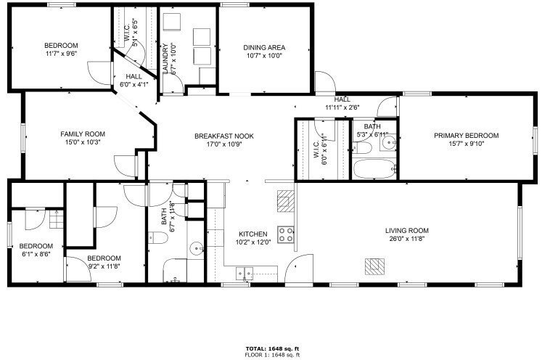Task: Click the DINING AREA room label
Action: (x=264, y=48)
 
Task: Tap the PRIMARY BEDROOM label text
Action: (x=466, y=136)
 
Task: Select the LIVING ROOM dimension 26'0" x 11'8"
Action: (x=407, y=239)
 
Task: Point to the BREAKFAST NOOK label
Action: (x=223, y=136)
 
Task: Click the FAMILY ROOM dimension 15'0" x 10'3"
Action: (x=83, y=142)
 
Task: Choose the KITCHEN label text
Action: (x=253, y=234)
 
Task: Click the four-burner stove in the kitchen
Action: (x=286, y=234)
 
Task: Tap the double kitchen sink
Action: (x=245, y=273)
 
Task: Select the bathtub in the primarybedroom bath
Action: (x=374, y=169)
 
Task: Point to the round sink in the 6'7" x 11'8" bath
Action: (x=197, y=249)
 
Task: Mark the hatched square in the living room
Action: (x=374, y=266)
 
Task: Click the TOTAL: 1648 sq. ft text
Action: (x=272, y=349)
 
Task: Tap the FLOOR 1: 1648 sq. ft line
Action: (x=272, y=355)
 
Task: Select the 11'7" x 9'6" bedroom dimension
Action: (x=61, y=53)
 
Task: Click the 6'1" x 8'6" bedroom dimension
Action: (x=36, y=254)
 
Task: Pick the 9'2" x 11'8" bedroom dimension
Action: (x=104, y=266)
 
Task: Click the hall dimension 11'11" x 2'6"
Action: (x=342, y=107)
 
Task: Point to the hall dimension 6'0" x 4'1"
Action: (x=134, y=84)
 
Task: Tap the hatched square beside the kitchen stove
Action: (x=286, y=201)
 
